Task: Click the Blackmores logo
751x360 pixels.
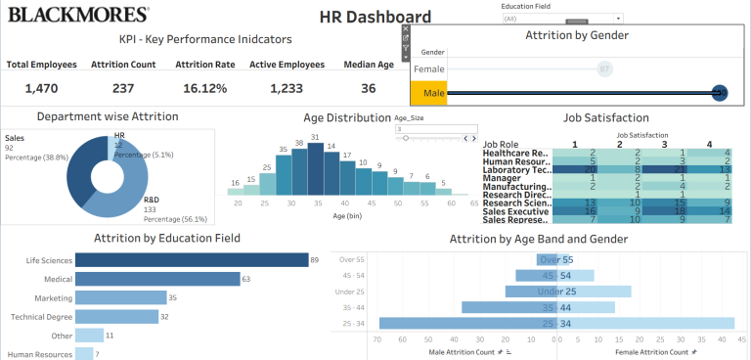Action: [79, 15]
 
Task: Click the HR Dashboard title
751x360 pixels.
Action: [375, 17]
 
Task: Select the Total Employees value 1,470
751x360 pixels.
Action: [42, 88]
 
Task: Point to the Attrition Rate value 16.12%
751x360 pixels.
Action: [204, 88]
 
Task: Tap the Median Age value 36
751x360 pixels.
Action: [368, 88]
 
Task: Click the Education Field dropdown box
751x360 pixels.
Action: [562, 19]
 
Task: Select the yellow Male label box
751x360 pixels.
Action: [428, 93]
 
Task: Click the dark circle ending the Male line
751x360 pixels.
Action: [720, 93]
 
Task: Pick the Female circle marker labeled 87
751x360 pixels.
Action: [604, 69]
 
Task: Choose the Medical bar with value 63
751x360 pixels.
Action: [157, 279]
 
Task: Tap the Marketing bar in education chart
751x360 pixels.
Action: [120, 297]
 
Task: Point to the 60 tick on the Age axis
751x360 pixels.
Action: [449, 202]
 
